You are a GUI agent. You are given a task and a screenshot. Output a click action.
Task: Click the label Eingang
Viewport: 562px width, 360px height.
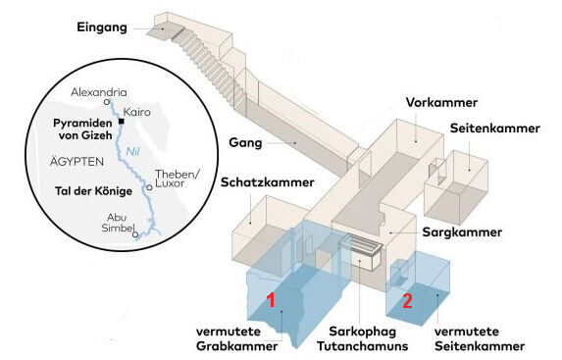click(102, 27)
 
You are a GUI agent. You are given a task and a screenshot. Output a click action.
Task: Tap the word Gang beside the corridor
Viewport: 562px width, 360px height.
click(245, 142)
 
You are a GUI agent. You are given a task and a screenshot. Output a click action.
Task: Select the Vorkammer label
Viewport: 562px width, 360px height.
click(441, 103)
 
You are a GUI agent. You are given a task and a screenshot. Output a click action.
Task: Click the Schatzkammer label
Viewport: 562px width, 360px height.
click(268, 182)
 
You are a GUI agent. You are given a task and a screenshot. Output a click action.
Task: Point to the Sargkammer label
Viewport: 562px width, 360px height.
click(462, 232)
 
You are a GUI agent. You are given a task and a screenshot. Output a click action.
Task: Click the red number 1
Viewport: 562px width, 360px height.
click(272, 300)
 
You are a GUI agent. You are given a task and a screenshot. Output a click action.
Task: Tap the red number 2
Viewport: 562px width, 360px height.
click(407, 301)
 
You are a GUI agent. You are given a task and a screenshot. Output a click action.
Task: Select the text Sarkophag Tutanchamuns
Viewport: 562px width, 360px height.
click(363, 338)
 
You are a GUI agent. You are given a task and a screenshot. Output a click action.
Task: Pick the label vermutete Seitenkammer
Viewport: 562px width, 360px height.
click(480, 338)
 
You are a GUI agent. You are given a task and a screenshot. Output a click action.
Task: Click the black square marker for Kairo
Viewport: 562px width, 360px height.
click(122, 122)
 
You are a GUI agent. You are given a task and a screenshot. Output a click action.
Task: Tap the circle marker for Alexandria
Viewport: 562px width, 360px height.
click(107, 102)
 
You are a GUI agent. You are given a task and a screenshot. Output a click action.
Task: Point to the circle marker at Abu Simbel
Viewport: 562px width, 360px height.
click(135, 234)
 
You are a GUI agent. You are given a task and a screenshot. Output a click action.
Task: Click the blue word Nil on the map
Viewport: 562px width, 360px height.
click(132, 152)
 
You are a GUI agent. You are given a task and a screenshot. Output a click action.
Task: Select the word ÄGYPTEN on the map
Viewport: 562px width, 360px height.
click(77, 161)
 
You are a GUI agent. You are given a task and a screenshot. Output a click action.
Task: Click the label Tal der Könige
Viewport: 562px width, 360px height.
click(93, 191)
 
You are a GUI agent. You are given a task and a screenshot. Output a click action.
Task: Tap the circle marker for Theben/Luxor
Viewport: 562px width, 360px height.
click(149, 187)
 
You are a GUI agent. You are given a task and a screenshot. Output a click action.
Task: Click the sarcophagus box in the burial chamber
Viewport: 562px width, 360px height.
click(361, 252)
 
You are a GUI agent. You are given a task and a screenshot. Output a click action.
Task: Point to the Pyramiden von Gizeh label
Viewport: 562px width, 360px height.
click(82, 129)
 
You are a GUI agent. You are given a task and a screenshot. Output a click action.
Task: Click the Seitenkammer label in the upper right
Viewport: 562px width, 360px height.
click(495, 129)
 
